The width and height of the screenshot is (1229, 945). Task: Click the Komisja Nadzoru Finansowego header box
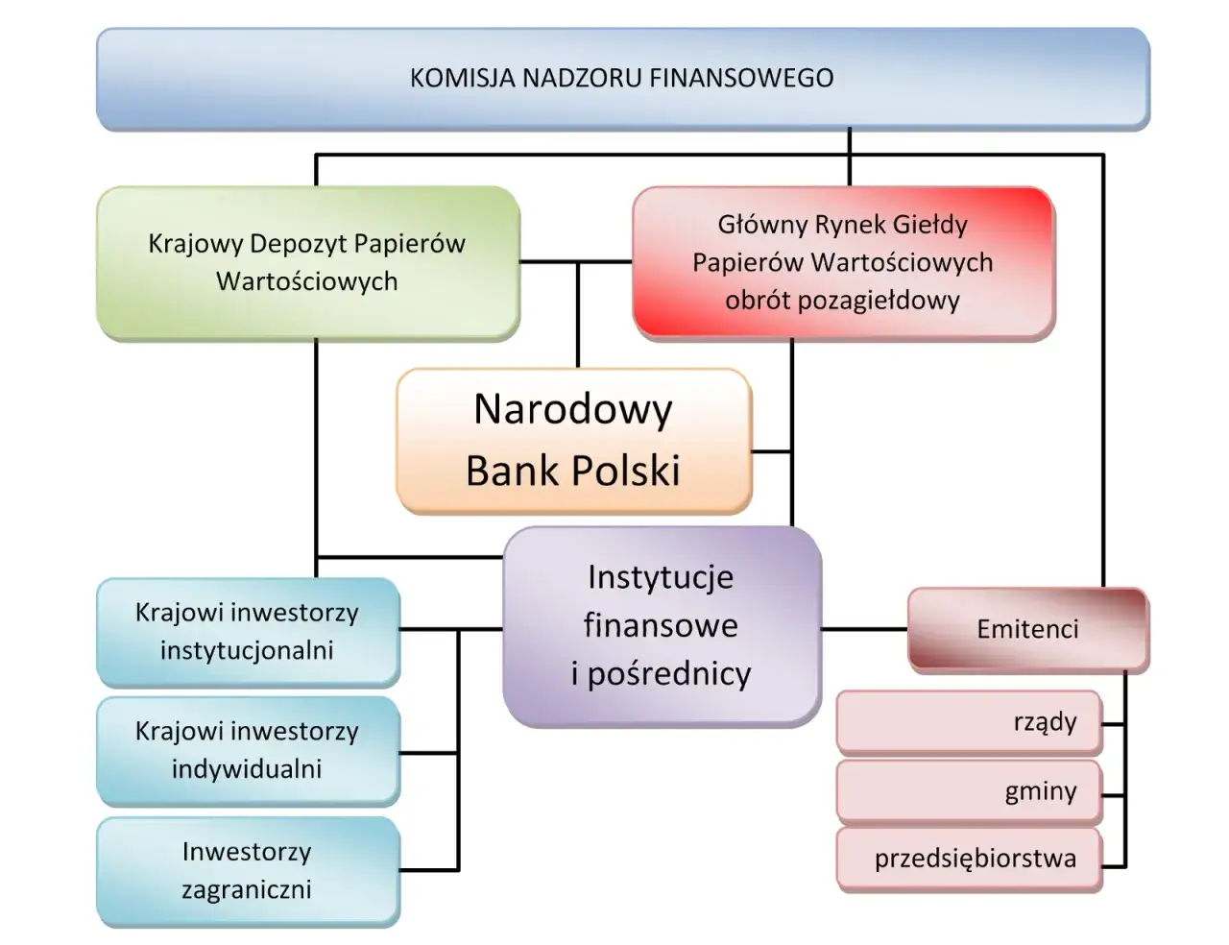(x=622, y=79)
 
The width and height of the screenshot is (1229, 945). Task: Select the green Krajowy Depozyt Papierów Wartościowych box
(x=307, y=262)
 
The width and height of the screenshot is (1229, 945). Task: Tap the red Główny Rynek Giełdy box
(x=843, y=262)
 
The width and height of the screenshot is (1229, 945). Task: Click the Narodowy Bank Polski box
(x=573, y=440)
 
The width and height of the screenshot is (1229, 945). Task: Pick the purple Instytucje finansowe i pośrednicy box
(x=662, y=626)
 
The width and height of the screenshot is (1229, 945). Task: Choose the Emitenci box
(x=1027, y=629)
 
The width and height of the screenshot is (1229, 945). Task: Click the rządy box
(x=968, y=722)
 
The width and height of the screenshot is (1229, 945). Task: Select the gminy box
(x=968, y=791)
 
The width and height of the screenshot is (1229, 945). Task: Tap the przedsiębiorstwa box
(x=968, y=859)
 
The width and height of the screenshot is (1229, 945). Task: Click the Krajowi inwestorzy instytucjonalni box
(x=247, y=631)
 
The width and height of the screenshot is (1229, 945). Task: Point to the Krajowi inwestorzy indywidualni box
(x=247, y=750)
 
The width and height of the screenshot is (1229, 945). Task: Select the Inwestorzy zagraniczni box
(x=247, y=870)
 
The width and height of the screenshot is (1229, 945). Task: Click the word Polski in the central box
(x=625, y=471)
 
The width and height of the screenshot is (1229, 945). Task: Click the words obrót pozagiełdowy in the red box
(x=843, y=300)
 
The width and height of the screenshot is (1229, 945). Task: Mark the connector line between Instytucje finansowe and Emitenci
(x=864, y=629)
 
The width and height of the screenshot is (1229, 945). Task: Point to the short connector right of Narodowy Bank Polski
(x=771, y=451)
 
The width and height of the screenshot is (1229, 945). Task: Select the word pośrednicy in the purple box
(x=669, y=674)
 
